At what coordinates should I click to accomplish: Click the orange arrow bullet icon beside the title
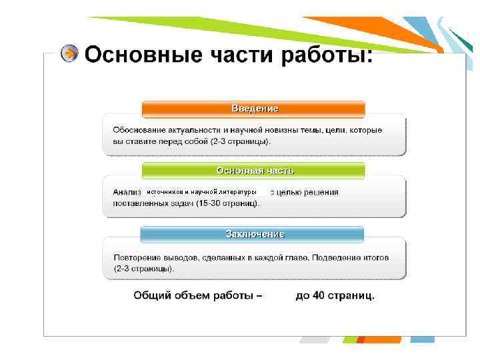click(x=69, y=53)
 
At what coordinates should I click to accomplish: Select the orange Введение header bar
click(x=254, y=108)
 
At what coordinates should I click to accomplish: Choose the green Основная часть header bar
click(x=254, y=171)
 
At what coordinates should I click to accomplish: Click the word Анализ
click(x=127, y=192)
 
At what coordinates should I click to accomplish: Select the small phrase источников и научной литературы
click(x=201, y=192)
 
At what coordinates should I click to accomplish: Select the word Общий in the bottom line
click(x=151, y=295)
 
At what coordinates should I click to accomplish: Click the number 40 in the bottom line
click(x=319, y=295)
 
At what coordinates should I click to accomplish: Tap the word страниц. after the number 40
click(x=352, y=295)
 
